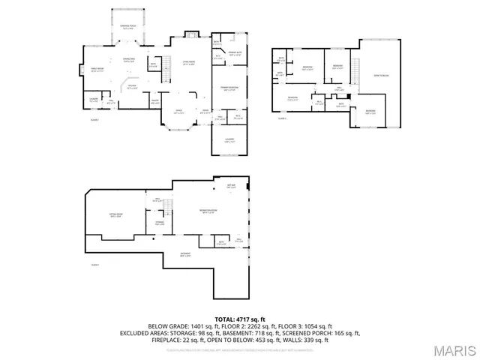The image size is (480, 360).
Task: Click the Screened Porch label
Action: coord(126,25)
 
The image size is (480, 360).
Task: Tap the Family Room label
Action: coord(97,69)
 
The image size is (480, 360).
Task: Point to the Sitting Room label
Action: coord(115,215)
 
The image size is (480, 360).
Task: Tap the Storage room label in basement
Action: coord(159,222)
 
